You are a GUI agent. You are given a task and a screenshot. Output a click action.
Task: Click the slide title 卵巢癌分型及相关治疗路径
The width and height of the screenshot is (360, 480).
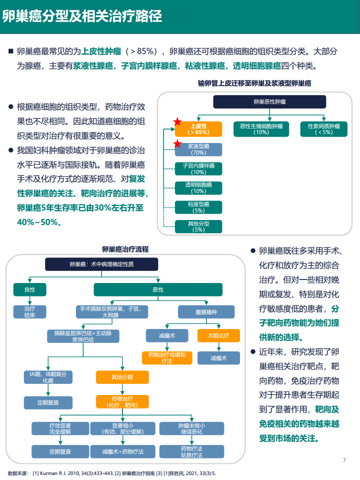(x=82, y=16)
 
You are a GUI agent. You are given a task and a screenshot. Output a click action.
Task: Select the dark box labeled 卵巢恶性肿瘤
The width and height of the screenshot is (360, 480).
(x=269, y=101)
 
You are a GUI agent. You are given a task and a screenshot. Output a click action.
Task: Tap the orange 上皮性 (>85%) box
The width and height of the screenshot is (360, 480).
(x=198, y=129)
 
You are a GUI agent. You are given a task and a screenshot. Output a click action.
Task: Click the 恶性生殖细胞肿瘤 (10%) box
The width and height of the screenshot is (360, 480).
(x=261, y=129)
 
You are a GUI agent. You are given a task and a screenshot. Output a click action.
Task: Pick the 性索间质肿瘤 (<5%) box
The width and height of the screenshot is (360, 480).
(x=324, y=129)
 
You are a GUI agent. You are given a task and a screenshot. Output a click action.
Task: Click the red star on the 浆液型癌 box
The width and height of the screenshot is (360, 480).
(x=177, y=143)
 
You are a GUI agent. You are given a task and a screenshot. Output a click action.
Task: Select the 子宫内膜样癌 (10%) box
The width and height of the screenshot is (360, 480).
(x=198, y=168)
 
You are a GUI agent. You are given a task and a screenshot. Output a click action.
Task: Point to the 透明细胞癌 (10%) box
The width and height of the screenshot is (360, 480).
(x=198, y=188)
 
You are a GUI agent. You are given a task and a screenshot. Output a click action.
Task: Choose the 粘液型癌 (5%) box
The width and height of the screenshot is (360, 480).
(x=198, y=207)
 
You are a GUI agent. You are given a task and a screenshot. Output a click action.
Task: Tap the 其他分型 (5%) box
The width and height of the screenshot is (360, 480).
(x=198, y=226)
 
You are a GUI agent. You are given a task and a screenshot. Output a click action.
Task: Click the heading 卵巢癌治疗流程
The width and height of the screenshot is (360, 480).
(x=125, y=249)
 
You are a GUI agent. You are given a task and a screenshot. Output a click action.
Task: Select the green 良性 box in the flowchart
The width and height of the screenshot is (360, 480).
(x=29, y=289)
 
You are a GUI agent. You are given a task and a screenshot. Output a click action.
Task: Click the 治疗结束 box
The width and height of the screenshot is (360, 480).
(x=29, y=311)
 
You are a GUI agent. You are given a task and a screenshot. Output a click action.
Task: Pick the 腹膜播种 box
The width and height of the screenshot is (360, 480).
(x=206, y=312)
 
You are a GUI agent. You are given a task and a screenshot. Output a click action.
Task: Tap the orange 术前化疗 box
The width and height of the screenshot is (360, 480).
(x=218, y=335)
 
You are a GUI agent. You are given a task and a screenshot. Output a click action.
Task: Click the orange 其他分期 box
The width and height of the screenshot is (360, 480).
(x=122, y=377)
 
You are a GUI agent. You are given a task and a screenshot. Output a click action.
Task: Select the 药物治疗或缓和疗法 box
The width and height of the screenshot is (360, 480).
(x=167, y=358)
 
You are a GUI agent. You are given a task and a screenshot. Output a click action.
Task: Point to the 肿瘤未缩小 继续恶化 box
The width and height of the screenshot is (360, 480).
(x=191, y=428)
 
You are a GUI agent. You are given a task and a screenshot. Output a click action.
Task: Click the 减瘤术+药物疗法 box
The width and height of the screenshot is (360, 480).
(x=123, y=451)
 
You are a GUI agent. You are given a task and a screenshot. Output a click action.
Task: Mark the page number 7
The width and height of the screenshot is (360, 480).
(x=344, y=460)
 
